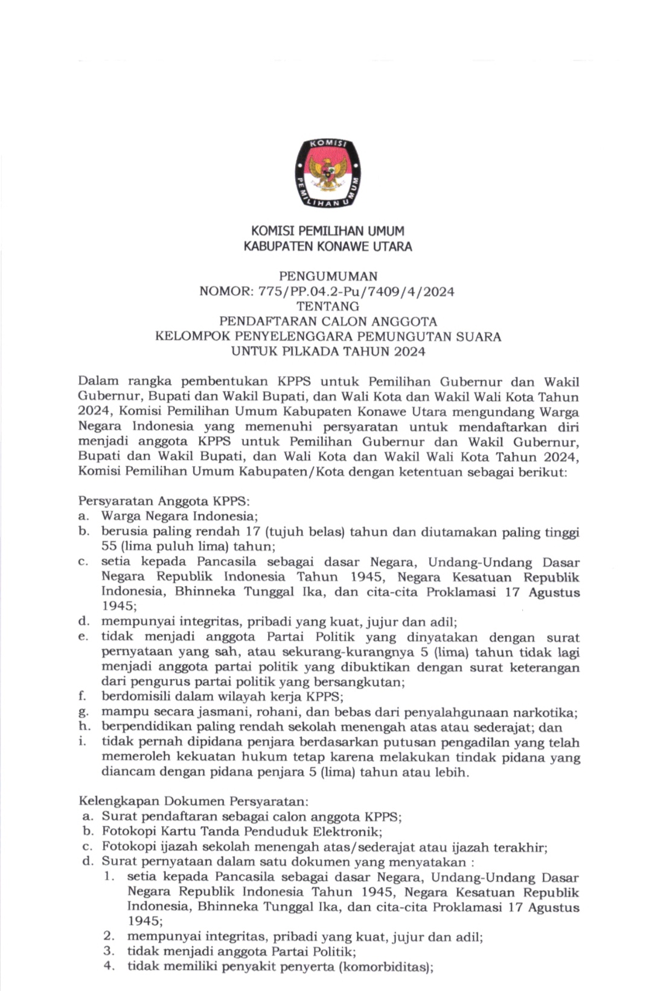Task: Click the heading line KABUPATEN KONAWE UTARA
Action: click(328, 246)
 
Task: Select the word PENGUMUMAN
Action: click(328, 276)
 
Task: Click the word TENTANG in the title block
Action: click(328, 307)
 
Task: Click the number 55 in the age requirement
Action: click(109, 546)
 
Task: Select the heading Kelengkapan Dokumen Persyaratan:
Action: click(193, 801)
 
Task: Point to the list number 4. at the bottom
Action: click(109, 966)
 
